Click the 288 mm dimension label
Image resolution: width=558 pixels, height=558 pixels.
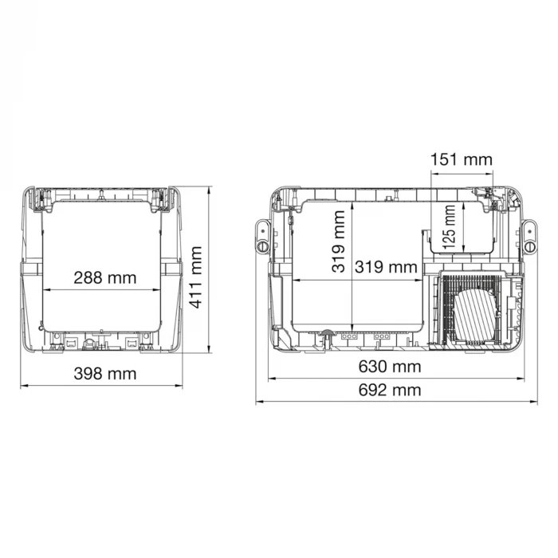click(x=105, y=278)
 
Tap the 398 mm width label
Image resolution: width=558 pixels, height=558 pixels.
click(x=105, y=374)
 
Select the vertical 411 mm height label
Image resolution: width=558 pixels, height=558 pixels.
click(x=195, y=277)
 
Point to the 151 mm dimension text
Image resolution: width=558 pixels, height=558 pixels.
click(x=462, y=159)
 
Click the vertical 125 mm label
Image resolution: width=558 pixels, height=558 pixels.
click(x=449, y=226)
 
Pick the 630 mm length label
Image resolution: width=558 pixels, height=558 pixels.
click(x=390, y=367)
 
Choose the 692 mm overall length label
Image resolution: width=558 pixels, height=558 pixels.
click(x=390, y=390)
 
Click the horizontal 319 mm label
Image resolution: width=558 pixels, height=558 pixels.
click(x=386, y=267)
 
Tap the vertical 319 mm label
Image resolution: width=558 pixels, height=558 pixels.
click(x=339, y=242)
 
